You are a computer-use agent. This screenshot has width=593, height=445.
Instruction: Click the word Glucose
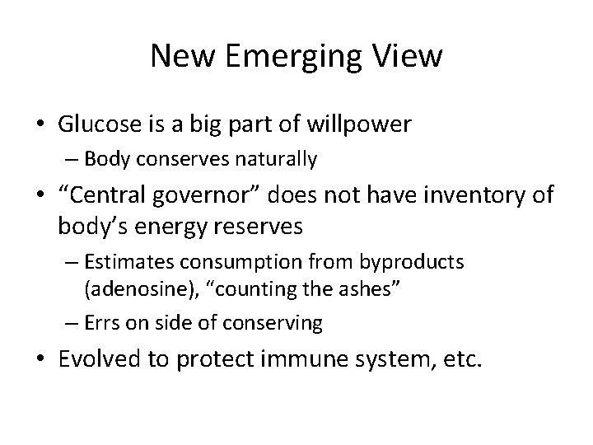(94, 124)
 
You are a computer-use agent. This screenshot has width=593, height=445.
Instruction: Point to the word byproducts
(412, 263)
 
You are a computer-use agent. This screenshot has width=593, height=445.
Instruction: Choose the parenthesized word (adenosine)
(132, 288)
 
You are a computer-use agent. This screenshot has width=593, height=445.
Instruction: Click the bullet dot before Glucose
(40, 125)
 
